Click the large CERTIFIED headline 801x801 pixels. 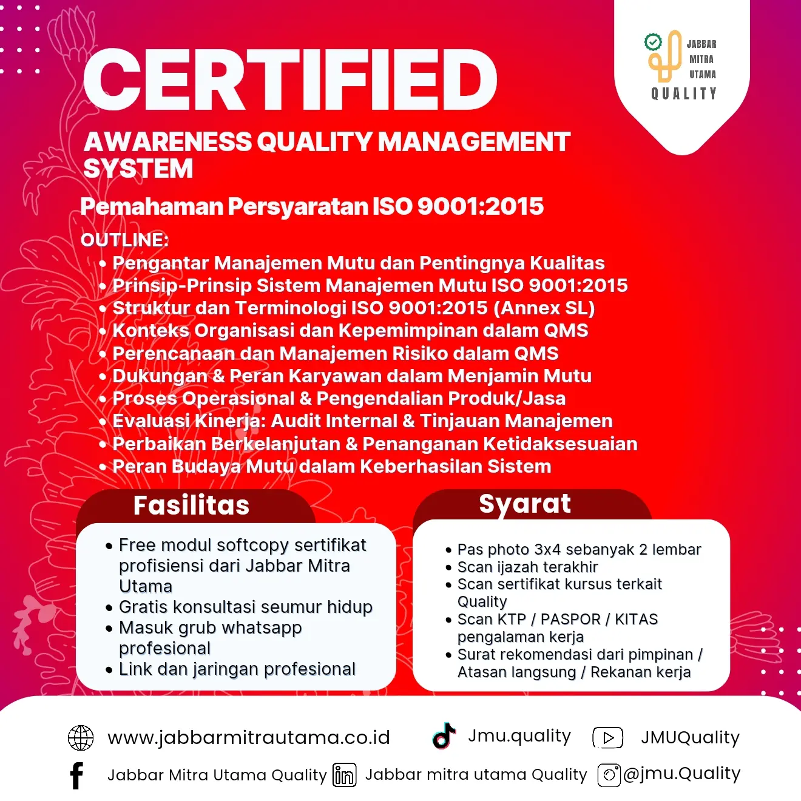290,80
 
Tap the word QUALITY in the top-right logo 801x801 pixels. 684,93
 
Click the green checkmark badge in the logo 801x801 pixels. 653,42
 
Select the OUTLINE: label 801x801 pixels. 124,240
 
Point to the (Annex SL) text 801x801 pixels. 544,308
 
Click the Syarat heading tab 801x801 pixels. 525,504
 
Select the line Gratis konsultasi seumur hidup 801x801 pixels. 245,607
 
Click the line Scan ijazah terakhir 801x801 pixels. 527,567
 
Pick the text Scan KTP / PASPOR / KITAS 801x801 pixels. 557,620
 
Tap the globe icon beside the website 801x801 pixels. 81,738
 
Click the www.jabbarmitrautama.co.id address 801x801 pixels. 249,738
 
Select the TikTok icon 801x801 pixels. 444,735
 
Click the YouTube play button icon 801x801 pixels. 608,738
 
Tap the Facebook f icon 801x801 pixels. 76,776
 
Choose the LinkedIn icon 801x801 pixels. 345,776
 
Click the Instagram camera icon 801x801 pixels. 609,775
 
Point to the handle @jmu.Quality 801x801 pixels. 681,774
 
